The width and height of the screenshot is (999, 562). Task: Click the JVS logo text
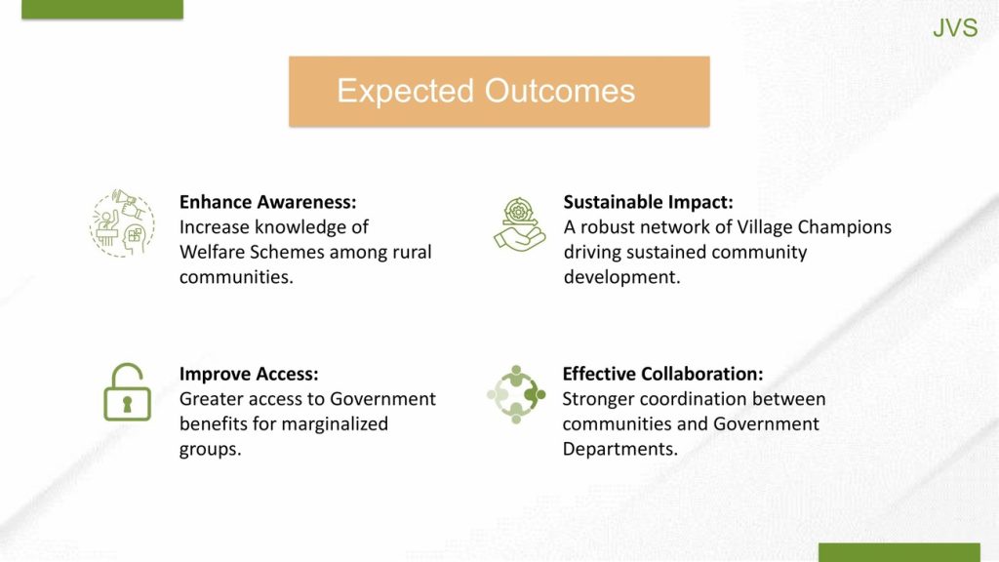[x=955, y=28]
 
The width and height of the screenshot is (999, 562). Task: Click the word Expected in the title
[x=405, y=91]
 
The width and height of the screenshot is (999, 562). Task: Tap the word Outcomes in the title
[x=560, y=91]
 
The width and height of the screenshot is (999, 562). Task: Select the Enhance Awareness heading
[x=267, y=202]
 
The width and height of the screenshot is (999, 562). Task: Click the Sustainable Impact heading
[x=648, y=202]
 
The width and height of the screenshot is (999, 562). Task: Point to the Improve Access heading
[x=249, y=374]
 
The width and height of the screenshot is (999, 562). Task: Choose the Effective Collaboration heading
[x=662, y=374]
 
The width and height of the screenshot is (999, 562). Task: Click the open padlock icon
[x=127, y=392]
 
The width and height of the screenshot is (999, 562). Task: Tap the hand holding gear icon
[x=519, y=224]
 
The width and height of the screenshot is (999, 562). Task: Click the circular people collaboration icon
[x=516, y=394]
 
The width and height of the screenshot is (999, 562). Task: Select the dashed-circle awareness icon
[x=122, y=223]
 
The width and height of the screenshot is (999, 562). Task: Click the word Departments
[x=619, y=449]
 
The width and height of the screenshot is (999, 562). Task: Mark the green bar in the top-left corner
[x=102, y=9]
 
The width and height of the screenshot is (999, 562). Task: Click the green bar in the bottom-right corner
[x=899, y=552]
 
